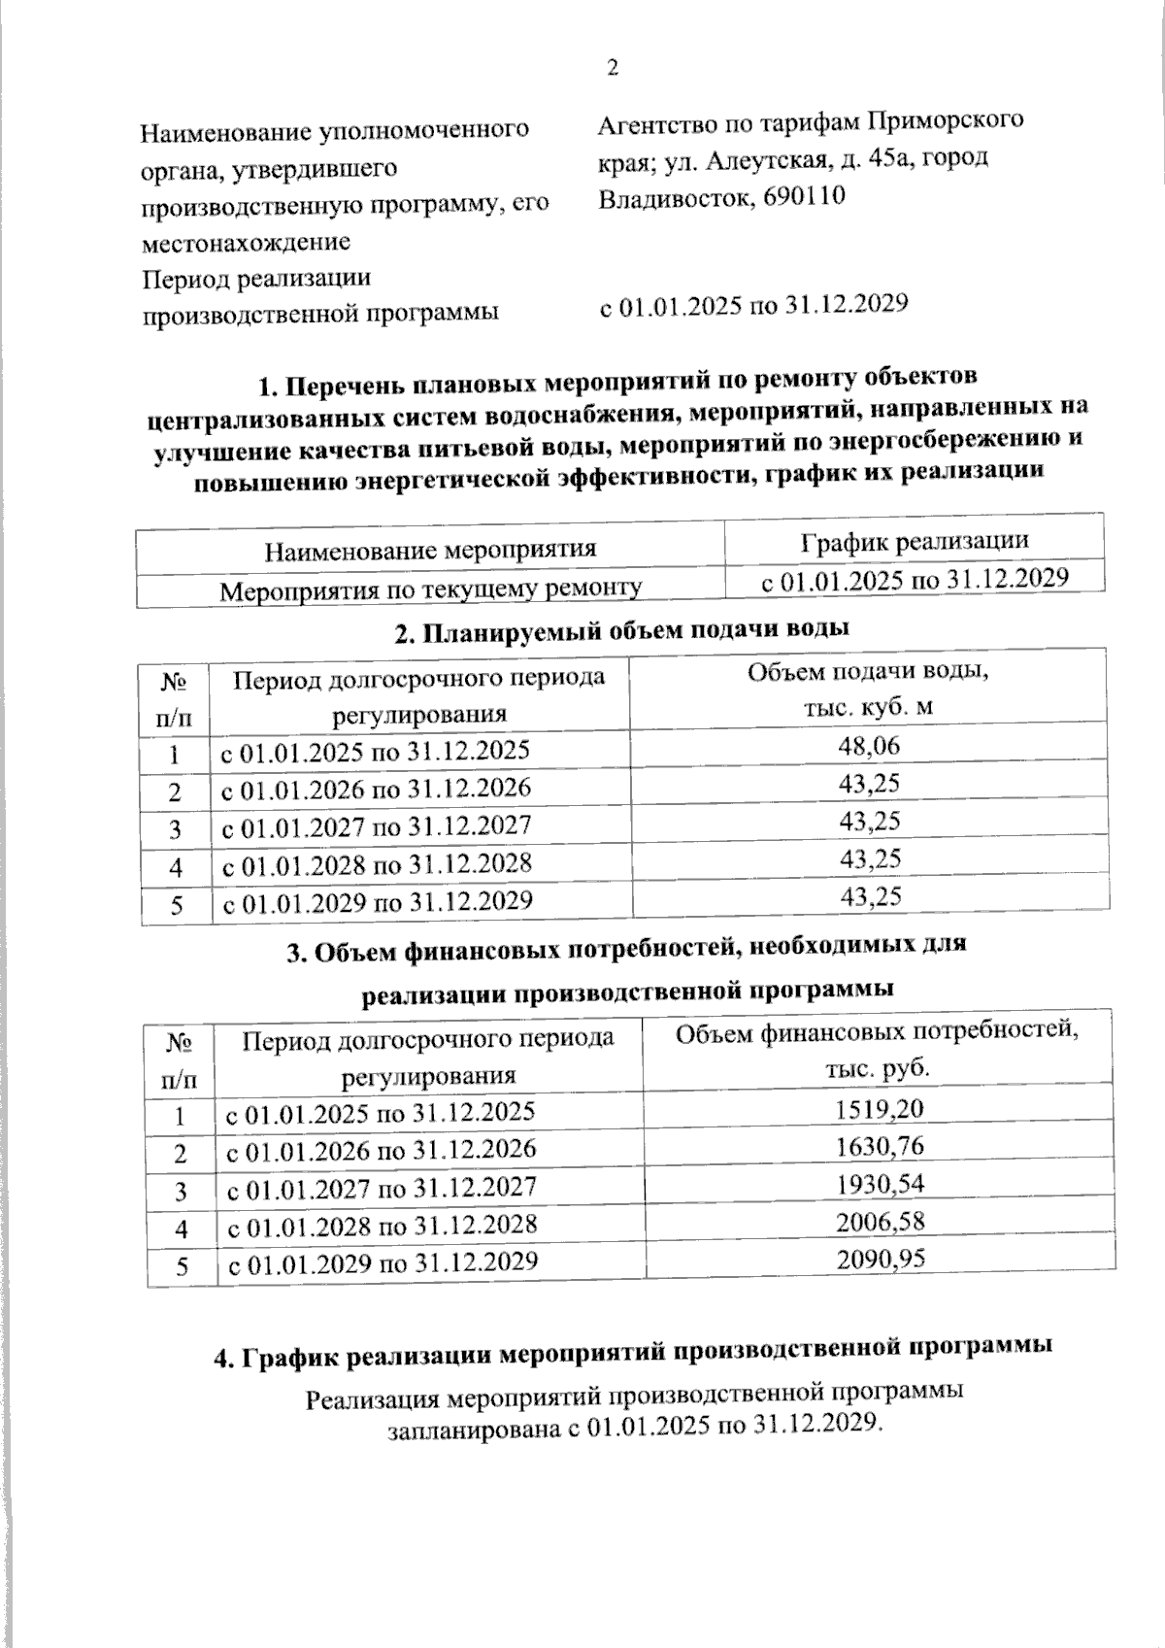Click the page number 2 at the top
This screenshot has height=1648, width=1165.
(x=612, y=68)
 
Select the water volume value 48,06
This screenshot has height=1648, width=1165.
(x=870, y=746)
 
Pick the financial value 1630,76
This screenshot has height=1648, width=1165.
(x=880, y=1146)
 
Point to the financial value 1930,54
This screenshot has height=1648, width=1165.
(x=881, y=1184)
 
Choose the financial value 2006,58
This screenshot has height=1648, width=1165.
(x=881, y=1221)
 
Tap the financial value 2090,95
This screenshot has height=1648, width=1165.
(x=881, y=1259)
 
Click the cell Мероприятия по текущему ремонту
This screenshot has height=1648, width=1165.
(x=430, y=589)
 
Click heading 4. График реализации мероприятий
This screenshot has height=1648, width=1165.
(x=632, y=1351)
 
